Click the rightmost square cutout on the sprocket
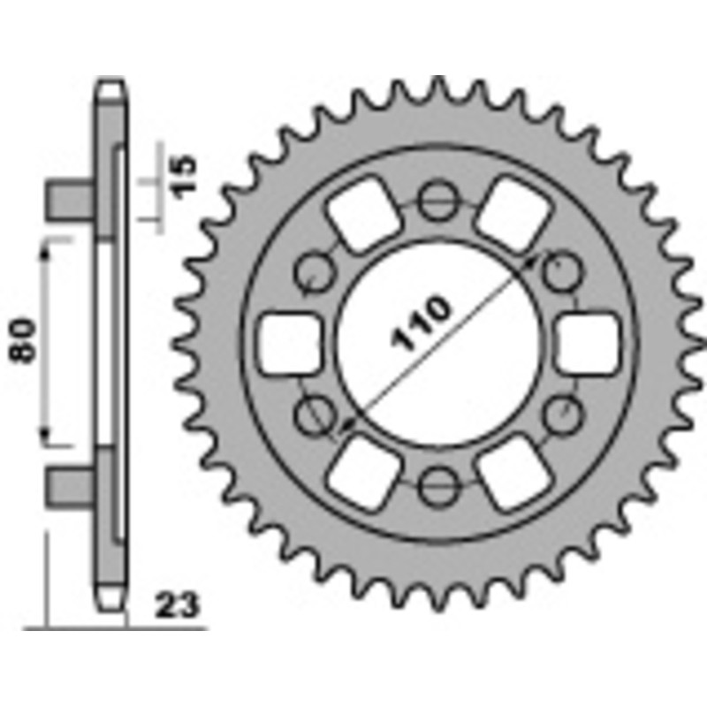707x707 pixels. [x=586, y=343]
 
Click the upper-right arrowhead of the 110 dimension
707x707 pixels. [x=532, y=260]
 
